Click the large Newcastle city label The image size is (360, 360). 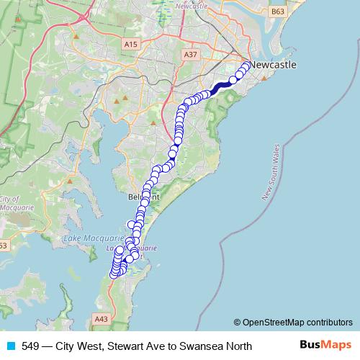tap(271, 65)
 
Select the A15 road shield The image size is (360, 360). tap(130, 45)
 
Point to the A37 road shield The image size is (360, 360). tap(190, 55)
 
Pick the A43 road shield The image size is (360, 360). tap(101, 317)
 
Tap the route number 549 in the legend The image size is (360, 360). tap(30, 346)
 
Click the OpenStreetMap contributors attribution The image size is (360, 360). tap(293, 323)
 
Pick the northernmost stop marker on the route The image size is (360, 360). tap(247, 66)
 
